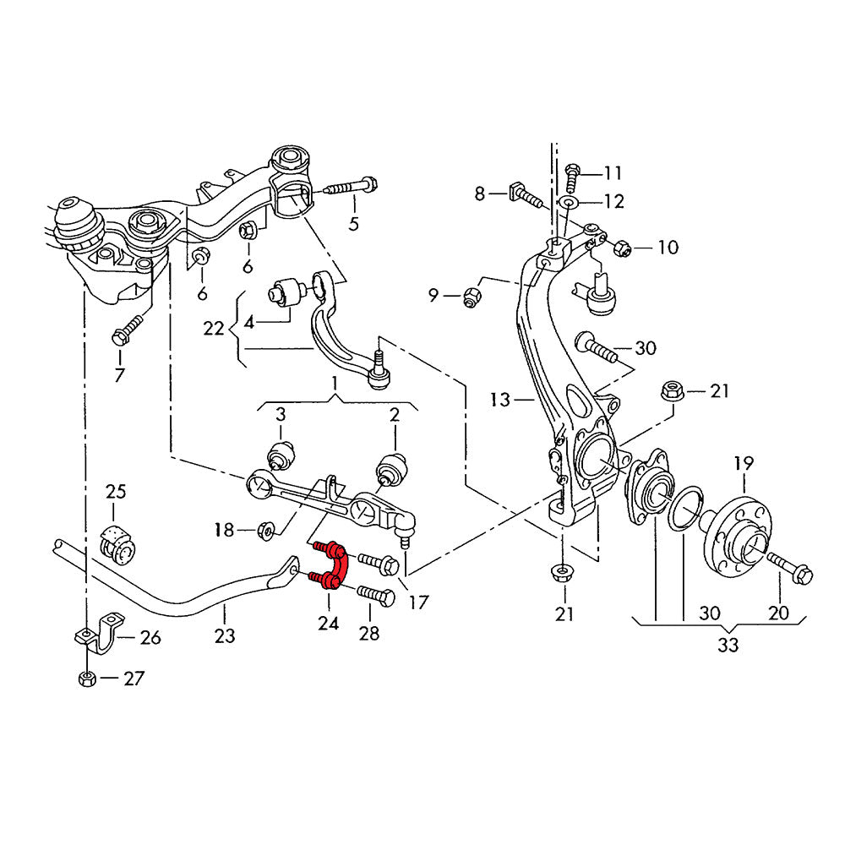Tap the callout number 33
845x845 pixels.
pos(728,646)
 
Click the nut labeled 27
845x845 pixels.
pos(85,678)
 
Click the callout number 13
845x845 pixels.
pos(499,399)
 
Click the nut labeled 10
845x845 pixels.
pos(619,248)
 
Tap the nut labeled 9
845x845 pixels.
pos(472,297)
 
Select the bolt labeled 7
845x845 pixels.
pos(124,331)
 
